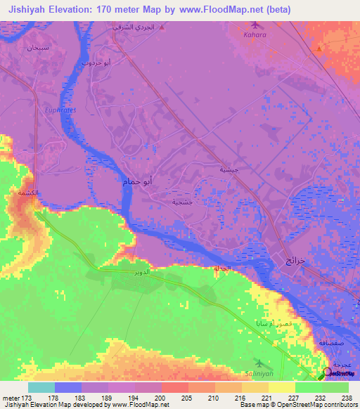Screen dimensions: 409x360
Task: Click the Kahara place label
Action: [255, 34]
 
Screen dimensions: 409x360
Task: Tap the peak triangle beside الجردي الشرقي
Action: [162, 27]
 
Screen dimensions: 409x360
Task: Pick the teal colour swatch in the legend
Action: [41, 387]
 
